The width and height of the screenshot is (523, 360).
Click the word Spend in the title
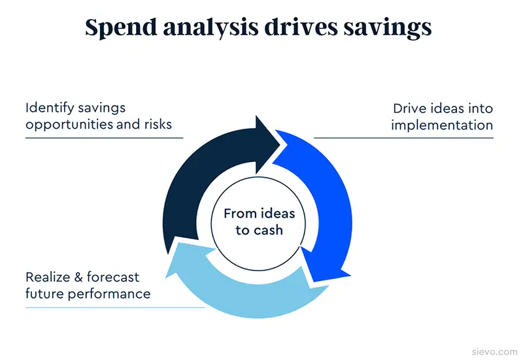[121, 28]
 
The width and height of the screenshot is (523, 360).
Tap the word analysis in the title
[211, 28]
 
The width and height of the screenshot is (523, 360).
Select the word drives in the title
[301, 27]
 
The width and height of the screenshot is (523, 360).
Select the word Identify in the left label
[50, 108]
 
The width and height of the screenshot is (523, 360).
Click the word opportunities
[69, 125]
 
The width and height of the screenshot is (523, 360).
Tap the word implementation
[442, 125]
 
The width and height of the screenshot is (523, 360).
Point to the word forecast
[113, 277]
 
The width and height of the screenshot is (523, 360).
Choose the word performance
[109, 294]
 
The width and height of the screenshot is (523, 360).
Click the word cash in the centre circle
[268, 231]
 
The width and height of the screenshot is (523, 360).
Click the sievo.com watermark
[495, 352]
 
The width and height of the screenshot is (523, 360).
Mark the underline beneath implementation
[403, 137]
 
